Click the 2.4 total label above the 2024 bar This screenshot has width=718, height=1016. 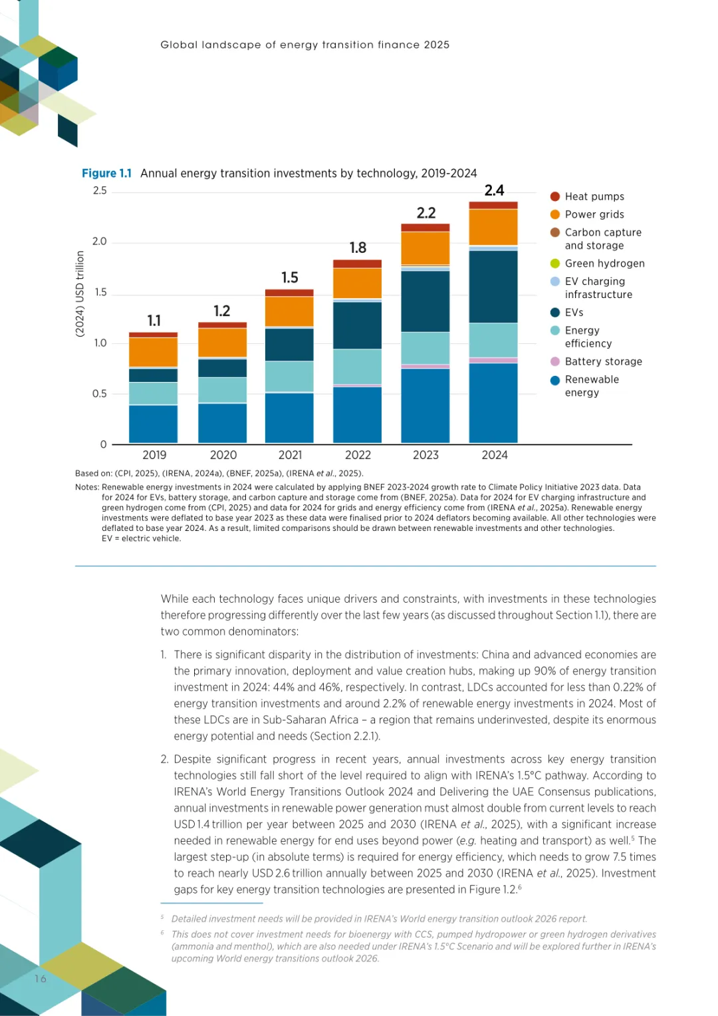point(494,190)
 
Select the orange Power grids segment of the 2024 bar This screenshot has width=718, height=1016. point(493,227)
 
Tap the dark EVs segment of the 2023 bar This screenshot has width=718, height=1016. point(425,301)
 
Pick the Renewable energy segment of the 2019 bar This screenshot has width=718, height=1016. point(153,424)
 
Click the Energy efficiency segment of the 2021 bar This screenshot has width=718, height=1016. point(289,376)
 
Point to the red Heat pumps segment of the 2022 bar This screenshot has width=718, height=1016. point(357,264)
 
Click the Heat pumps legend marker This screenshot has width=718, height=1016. point(555,196)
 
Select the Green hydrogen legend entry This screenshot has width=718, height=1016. point(604,263)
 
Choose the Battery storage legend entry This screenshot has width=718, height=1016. point(603,361)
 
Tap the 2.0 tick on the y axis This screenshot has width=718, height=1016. point(100,242)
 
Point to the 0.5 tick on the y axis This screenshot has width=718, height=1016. point(100,394)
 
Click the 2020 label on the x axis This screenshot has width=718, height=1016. point(223,455)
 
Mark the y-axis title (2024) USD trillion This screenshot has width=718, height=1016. point(80,293)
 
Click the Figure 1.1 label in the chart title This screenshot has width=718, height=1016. point(106,173)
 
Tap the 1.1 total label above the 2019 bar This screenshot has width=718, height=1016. point(154,321)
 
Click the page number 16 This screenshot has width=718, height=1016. point(41,979)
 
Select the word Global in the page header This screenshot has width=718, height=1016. point(179,45)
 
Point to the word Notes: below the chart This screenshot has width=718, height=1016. point(87,487)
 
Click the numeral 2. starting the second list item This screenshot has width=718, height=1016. point(164,759)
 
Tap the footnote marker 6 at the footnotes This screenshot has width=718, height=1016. point(162,933)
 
